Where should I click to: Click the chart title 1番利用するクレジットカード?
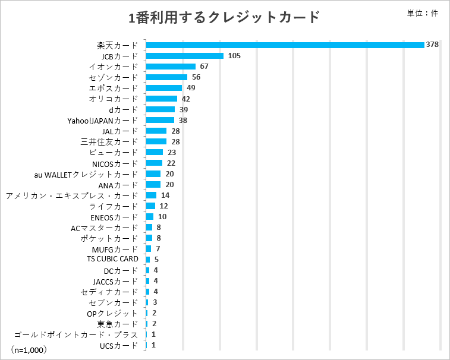tap(225, 17)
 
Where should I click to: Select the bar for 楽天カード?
tap(285, 45)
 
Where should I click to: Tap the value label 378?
tap(432, 45)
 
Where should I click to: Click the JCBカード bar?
tap(184, 56)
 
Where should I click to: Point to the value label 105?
tap(234, 56)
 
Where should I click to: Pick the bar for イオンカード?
tap(171, 67)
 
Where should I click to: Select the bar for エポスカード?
tap(163, 88)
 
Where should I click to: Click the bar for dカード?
tap(160, 109)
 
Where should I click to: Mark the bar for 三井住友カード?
tap(156, 141)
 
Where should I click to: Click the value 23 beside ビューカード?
tap(172, 152)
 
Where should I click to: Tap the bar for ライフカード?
tap(150, 206)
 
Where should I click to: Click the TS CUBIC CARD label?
tap(112, 259)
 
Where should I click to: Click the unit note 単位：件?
tap(423, 14)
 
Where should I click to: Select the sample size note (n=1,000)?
tap(29, 350)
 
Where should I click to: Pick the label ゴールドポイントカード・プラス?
tap(75, 334)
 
